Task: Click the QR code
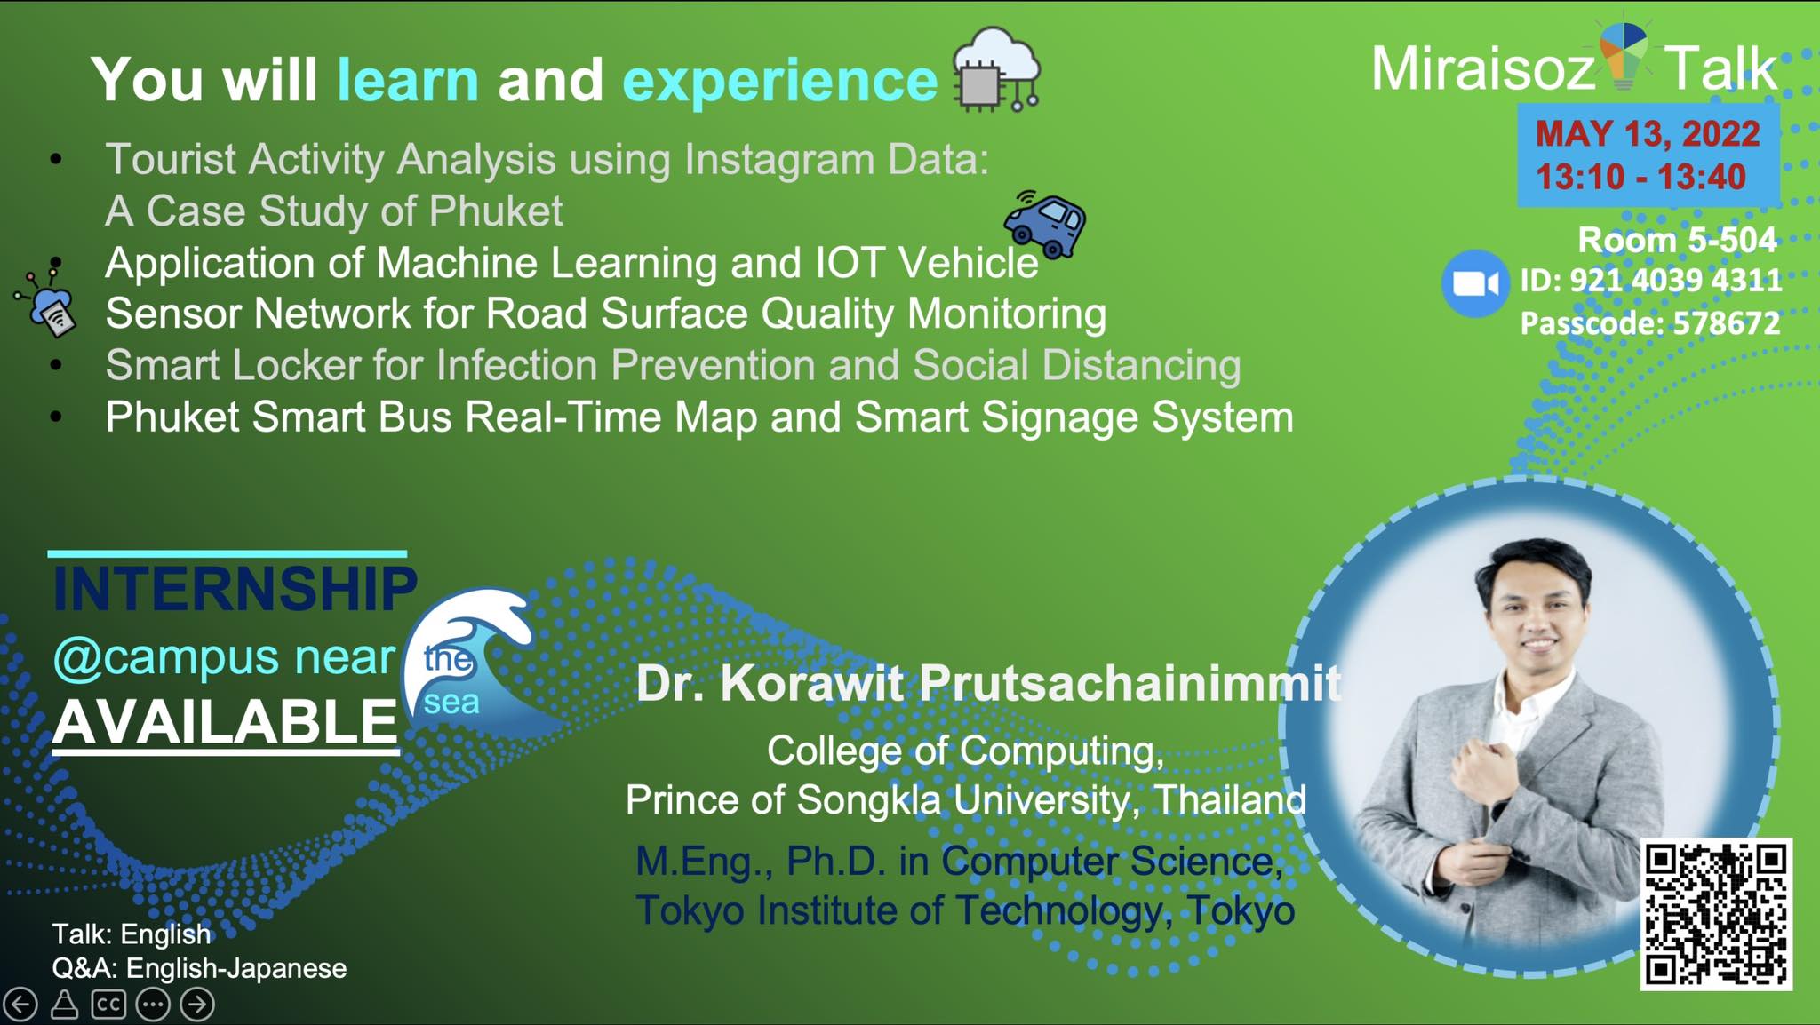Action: (x=1715, y=914)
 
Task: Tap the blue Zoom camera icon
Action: (x=1474, y=284)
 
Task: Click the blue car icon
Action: (x=1045, y=225)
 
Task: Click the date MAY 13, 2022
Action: (x=1648, y=134)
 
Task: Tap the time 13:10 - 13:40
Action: (x=1640, y=177)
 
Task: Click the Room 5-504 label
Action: (x=1677, y=240)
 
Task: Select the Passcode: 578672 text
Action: (x=1650, y=323)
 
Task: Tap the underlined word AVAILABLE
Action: (x=225, y=721)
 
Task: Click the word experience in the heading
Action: (x=780, y=81)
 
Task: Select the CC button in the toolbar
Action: (x=108, y=1005)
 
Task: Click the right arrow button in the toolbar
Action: (x=197, y=1005)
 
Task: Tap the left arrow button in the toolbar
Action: (x=20, y=1005)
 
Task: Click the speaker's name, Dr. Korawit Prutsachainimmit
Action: (x=988, y=683)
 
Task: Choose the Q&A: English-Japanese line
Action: (x=199, y=968)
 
